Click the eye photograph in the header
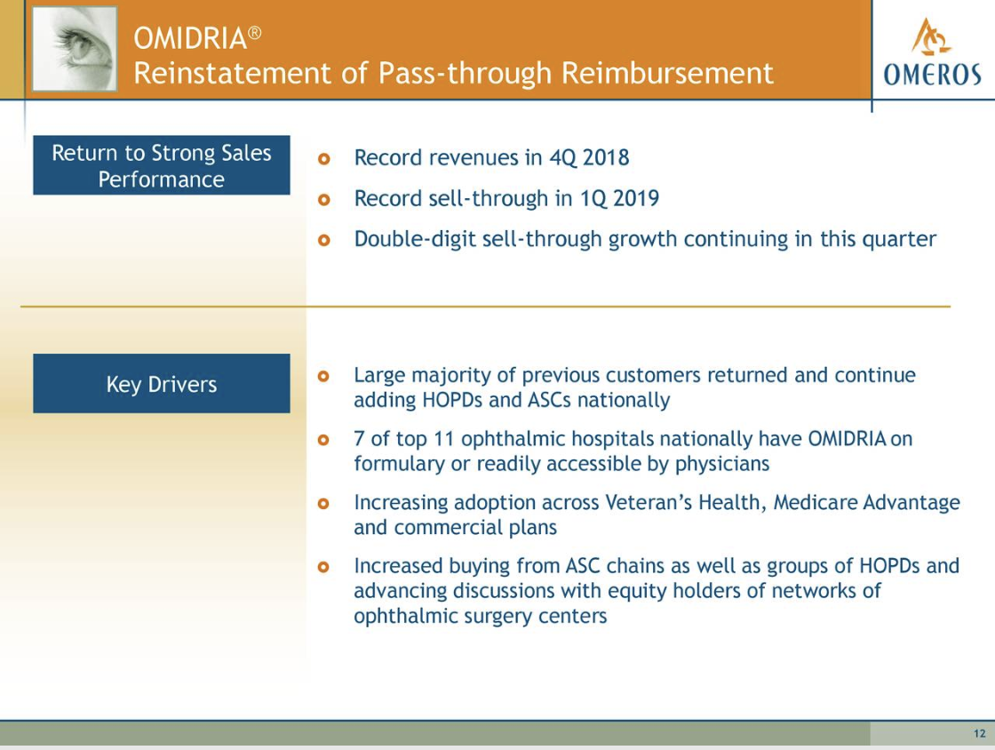pos(75,49)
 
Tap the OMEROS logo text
pos(932,75)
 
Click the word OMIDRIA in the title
pos(190,39)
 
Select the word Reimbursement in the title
pos(667,73)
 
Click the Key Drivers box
pos(161,383)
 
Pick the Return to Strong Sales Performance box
pos(161,165)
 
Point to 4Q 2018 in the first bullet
pos(589,157)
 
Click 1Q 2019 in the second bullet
pos(619,198)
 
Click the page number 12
pos(980,733)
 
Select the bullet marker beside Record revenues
pos(323,159)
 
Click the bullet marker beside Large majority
pos(323,376)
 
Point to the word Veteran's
pos(649,503)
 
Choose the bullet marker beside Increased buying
pos(323,567)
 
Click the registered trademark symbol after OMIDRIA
pos(254,32)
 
